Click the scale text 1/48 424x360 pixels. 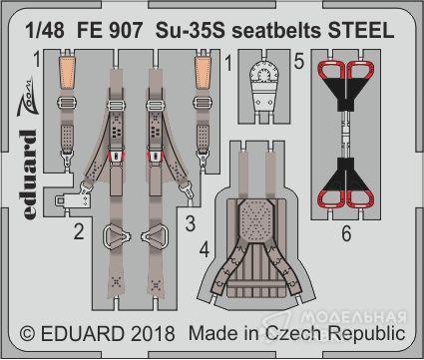click(x=45, y=30)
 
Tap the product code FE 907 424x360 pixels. click(x=110, y=30)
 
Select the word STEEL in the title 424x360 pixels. click(x=361, y=30)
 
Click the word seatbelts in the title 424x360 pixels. click(x=276, y=30)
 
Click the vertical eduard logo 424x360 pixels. click(x=27, y=174)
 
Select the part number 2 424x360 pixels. click(x=79, y=231)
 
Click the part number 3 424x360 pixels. click(x=191, y=223)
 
